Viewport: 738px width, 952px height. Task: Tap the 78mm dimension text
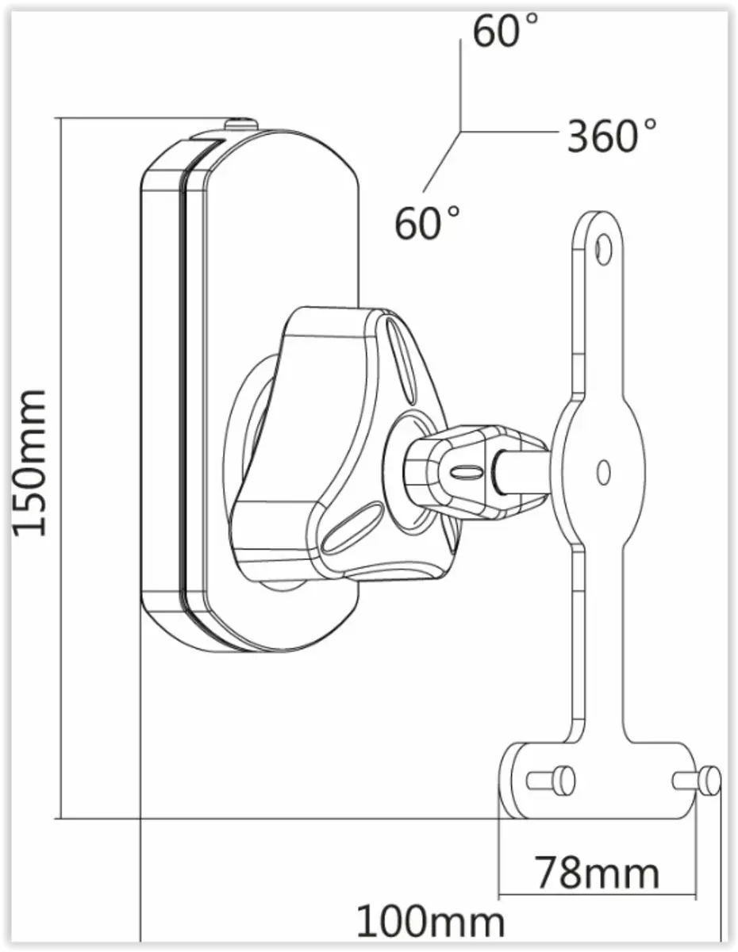coord(597,873)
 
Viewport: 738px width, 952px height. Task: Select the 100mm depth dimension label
coord(430,923)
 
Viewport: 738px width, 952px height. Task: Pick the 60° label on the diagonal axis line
coord(428,222)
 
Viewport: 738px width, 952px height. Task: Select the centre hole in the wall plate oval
coord(603,472)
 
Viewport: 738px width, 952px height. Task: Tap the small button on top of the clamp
coord(240,125)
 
